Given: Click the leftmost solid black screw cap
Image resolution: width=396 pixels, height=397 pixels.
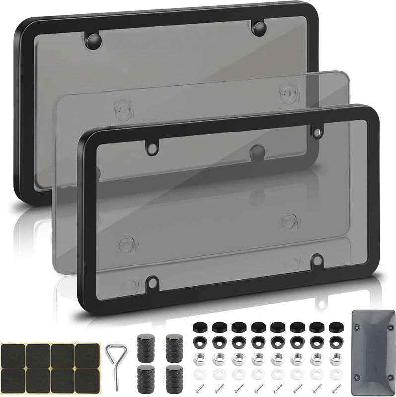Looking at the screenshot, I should [198, 327].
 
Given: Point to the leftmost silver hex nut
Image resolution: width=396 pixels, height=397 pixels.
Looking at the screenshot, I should [198, 357].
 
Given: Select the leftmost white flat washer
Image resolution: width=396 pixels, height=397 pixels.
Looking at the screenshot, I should [198, 372].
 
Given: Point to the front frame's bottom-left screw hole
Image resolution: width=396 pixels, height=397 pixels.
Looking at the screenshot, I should [152, 281].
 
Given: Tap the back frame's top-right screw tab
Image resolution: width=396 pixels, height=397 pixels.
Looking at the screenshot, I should [259, 29].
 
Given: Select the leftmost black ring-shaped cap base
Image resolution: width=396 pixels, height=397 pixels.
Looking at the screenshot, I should [198, 342].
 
